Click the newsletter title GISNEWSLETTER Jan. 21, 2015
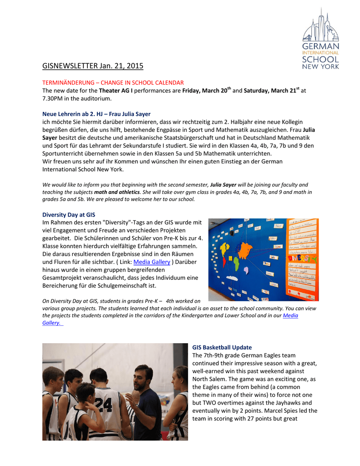tap(92, 66)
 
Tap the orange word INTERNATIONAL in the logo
tap(321, 53)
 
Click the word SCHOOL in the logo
tap(321, 59)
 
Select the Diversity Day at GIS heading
tap(69, 214)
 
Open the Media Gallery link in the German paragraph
tap(152, 262)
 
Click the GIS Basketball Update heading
tap(222, 347)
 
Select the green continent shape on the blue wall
tap(236, 264)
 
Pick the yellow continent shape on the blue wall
tap(224, 249)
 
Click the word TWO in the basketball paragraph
tap(214, 403)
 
